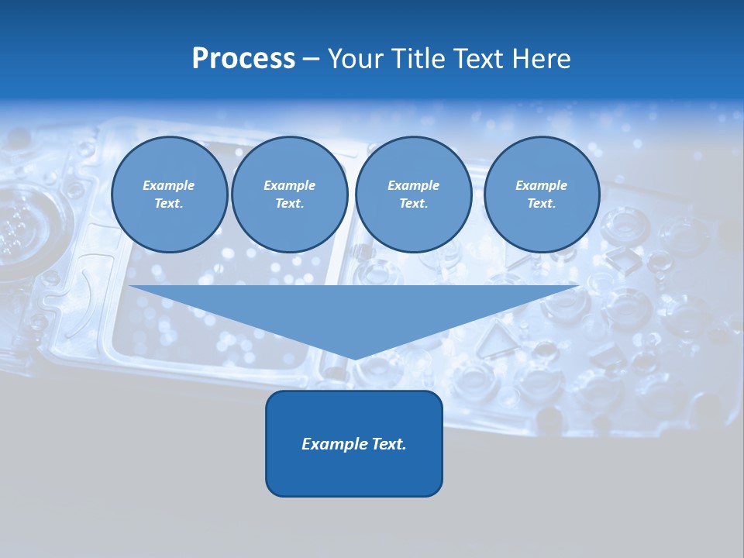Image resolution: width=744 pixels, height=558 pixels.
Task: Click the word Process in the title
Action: tap(243, 59)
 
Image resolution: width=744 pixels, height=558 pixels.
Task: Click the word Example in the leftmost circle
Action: tap(169, 185)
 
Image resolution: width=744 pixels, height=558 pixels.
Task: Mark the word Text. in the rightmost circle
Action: tap(541, 203)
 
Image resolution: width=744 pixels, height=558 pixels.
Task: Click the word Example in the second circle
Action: tap(289, 185)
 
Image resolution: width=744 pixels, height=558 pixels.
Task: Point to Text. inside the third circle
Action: tap(413, 203)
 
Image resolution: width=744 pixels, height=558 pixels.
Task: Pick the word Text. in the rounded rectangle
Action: tap(390, 444)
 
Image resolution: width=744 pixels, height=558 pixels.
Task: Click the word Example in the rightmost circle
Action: tap(541, 185)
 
